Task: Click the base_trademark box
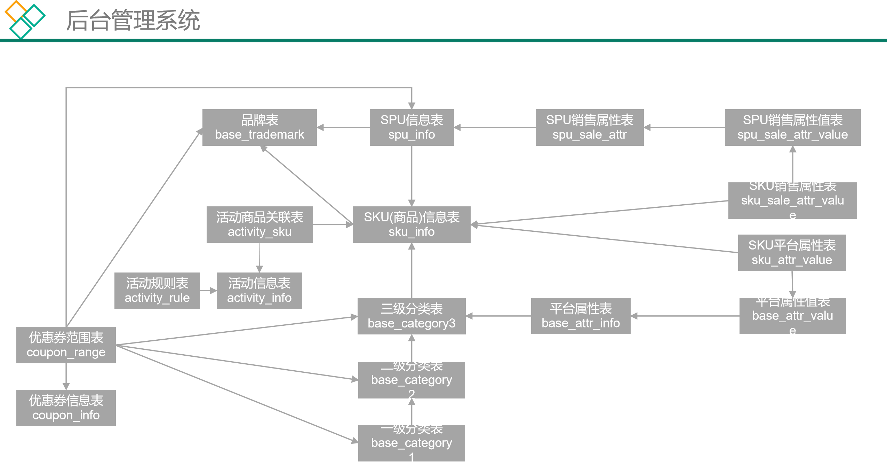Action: click(259, 127)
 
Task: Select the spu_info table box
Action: click(411, 127)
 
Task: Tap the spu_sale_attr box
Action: click(589, 127)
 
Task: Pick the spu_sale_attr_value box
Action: click(792, 127)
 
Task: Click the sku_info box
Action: click(411, 224)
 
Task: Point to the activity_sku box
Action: click(259, 224)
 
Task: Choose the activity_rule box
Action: click(157, 291)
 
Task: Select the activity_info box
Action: click(259, 291)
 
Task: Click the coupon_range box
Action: click(66, 345)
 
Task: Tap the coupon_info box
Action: click(66, 408)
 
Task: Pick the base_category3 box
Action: click(411, 316)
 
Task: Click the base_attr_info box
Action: click(581, 316)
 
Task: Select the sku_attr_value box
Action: click(792, 253)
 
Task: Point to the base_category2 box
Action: click(411, 380)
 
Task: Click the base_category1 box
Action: click(411, 443)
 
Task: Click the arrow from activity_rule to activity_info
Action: click(208, 291)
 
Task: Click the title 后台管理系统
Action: click(133, 20)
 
